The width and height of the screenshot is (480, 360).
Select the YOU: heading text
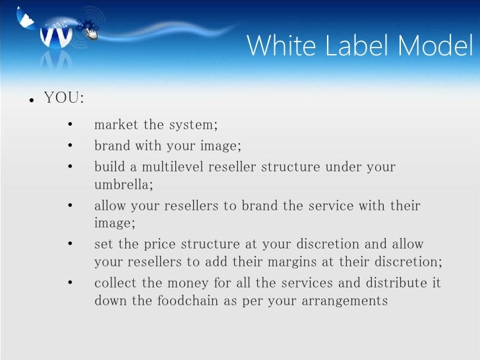click(64, 99)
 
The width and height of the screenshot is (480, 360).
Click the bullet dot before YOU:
click(30, 101)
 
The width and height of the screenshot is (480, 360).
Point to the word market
click(117, 124)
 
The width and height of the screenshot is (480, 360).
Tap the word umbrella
click(123, 183)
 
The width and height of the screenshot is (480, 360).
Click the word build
click(109, 167)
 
